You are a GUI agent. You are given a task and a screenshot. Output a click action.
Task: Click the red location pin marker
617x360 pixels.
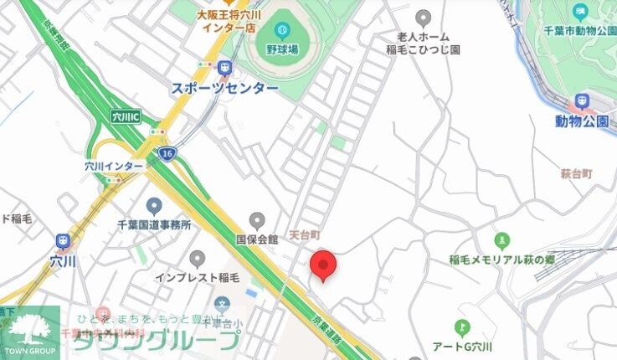(x=323, y=265)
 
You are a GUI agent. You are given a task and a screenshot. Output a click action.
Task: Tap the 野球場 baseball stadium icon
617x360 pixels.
(x=283, y=29)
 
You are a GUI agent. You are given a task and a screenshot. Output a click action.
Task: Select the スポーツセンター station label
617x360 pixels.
(x=224, y=88)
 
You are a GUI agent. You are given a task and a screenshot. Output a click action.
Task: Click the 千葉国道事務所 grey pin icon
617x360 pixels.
(x=154, y=206)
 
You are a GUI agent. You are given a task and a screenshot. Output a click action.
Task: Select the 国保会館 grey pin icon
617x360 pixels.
(x=257, y=221)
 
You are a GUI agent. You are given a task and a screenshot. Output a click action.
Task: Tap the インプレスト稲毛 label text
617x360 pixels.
(x=198, y=276)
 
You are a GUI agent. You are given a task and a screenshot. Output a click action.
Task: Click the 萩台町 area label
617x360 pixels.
(x=576, y=173)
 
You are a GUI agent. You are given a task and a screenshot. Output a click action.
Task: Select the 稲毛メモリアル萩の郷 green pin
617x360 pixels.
(x=501, y=241)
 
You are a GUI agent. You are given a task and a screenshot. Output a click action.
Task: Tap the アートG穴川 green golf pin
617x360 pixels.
(x=461, y=327)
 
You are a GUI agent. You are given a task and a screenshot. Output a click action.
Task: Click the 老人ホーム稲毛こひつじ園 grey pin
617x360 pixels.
(x=424, y=18)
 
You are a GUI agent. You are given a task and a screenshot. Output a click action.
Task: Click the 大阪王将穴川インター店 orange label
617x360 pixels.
(x=225, y=20)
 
